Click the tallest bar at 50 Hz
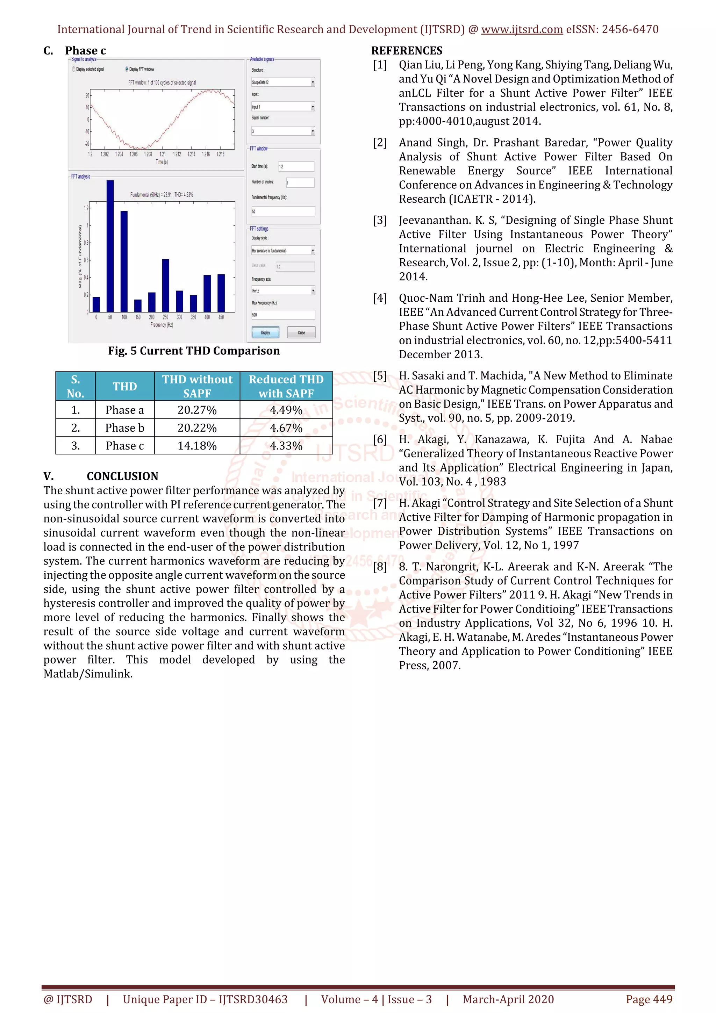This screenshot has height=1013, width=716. (110, 246)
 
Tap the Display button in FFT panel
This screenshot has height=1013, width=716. (265, 332)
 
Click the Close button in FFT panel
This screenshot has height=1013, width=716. (301, 332)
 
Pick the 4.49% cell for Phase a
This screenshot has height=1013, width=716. (286, 410)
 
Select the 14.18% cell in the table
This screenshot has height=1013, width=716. (197, 446)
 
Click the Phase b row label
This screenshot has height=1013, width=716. (124, 428)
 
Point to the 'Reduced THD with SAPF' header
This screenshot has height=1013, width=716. (286, 386)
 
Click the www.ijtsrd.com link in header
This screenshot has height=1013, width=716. (522, 30)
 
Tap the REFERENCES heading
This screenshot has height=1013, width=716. (406, 51)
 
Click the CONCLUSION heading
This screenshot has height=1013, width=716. (122, 476)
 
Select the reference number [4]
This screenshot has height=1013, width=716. (380, 298)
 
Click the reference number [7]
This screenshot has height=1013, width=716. (380, 503)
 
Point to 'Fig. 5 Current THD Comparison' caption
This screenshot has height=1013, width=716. (194, 351)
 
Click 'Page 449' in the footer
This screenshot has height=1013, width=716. (649, 999)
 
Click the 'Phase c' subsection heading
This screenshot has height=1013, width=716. (85, 51)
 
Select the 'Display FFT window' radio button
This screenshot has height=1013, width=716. (127, 69)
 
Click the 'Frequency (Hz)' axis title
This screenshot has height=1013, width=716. (162, 325)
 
